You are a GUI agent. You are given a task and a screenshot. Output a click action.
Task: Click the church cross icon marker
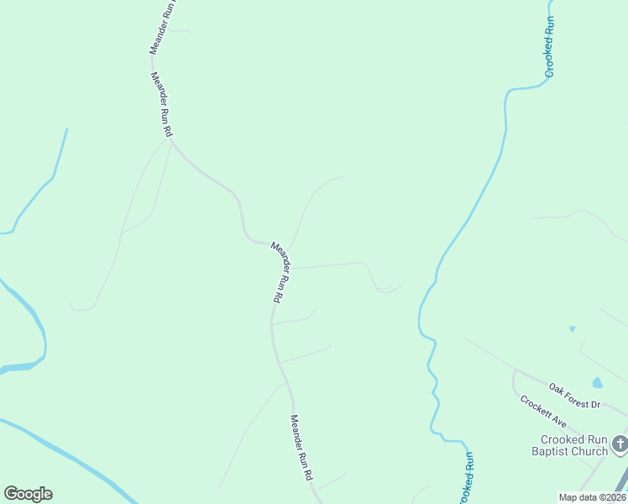click(x=620, y=443)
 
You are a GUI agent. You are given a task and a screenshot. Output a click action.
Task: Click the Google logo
click(x=28, y=494)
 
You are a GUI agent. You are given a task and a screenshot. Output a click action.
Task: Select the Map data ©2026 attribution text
click(x=592, y=497)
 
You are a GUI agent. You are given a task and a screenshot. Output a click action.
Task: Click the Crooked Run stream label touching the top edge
click(x=550, y=47)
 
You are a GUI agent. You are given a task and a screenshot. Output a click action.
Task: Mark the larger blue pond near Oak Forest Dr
click(x=597, y=383)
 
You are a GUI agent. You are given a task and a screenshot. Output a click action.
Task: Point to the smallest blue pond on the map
click(x=572, y=328)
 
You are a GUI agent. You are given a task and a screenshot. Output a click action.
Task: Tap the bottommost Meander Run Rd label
click(x=301, y=447)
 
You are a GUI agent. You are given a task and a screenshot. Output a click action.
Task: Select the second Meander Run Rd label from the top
click(x=161, y=105)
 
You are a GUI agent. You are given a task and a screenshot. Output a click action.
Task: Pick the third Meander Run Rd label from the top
click(x=280, y=272)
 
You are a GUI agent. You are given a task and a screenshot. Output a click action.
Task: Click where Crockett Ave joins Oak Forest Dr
click(x=515, y=370)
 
